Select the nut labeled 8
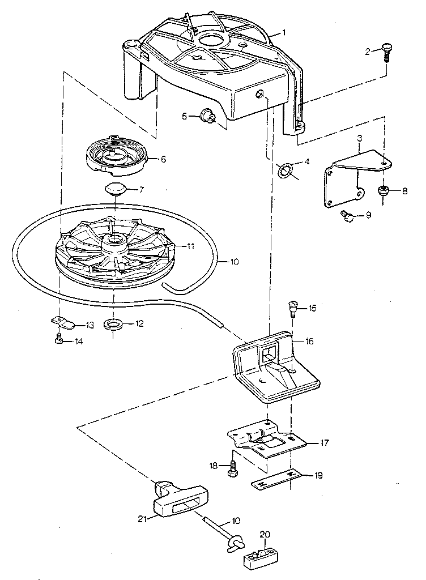tap(384, 191)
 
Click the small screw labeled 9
tap(346, 215)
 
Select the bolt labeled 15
tap(293, 308)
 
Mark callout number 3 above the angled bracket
tap(359, 138)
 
